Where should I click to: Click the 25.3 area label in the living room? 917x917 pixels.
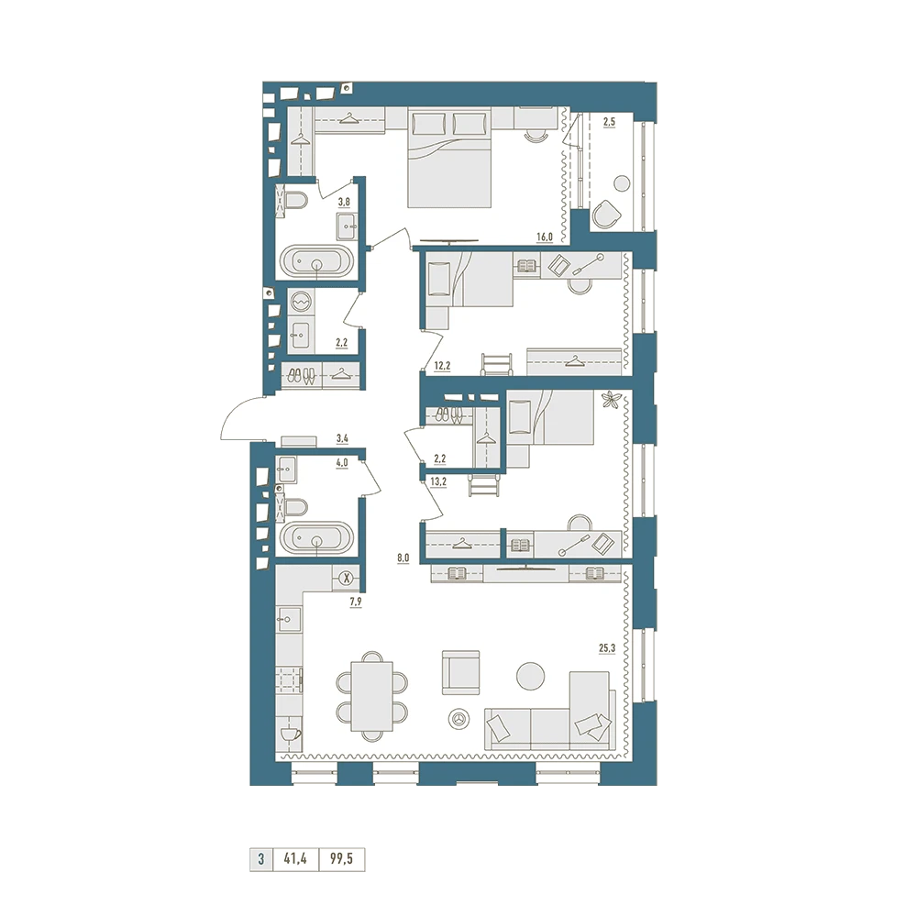point(607,648)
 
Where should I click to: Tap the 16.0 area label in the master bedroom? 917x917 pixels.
point(545,237)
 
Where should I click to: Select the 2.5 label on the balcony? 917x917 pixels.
point(609,122)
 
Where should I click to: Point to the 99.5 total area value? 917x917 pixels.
point(341,859)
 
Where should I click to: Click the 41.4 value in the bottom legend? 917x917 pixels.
point(295,859)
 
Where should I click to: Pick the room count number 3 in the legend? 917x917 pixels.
point(260,859)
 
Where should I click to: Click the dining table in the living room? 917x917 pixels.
point(372,696)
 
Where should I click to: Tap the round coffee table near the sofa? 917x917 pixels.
point(531,676)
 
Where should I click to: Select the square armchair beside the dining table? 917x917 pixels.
point(461,672)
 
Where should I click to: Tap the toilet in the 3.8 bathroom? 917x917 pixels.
point(295,201)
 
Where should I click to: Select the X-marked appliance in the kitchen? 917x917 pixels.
point(347,579)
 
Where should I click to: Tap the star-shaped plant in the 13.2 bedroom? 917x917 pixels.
point(611,401)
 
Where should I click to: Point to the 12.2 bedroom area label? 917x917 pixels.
point(442,366)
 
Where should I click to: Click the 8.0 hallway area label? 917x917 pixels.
point(403,558)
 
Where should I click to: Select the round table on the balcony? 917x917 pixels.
point(622,183)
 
